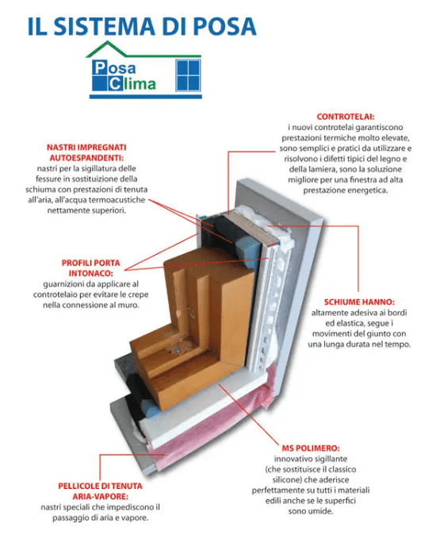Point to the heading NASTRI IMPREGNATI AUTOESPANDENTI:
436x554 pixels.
click(84, 153)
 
